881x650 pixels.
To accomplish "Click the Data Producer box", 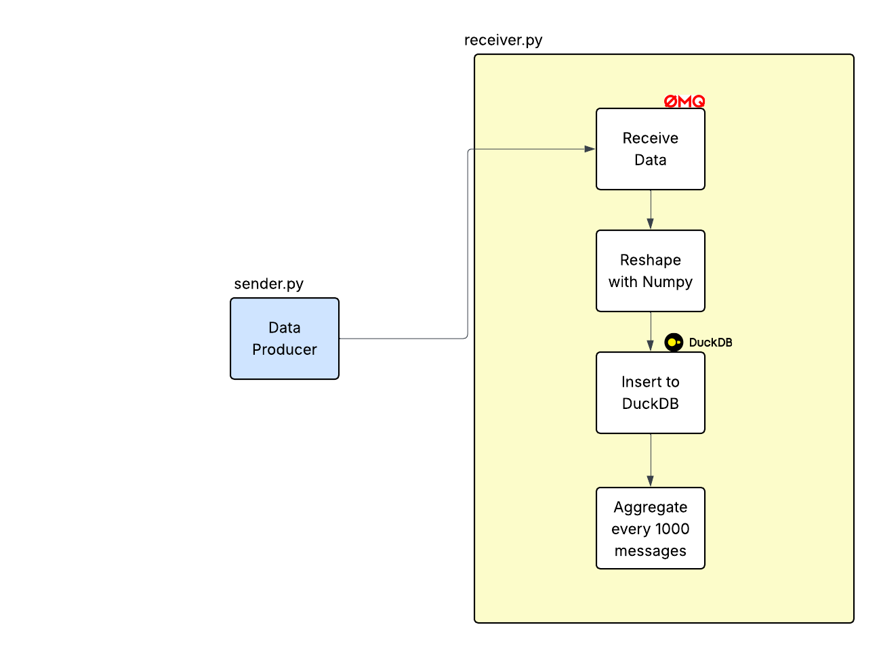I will pyautogui.click(x=285, y=339).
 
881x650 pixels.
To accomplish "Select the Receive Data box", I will pyautogui.click(x=651, y=149).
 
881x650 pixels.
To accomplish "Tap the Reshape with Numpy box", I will pyautogui.click(x=651, y=271).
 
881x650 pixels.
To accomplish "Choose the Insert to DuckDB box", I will pyautogui.click(x=651, y=393).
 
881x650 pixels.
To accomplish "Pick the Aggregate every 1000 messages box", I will pyautogui.click(x=651, y=528).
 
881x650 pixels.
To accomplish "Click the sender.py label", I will pyautogui.click(x=268, y=284).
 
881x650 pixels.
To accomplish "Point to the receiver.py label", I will pyautogui.click(x=503, y=40).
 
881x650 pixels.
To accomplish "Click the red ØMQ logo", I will pyautogui.click(x=684, y=102).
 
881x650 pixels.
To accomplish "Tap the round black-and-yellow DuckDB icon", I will pyautogui.click(x=674, y=343).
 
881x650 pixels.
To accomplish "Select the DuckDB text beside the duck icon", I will pyautogui.click(x=710, y=343).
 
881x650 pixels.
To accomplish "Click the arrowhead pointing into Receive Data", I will pyautogui.click(x=590, y=149).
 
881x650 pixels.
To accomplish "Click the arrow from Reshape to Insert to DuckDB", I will pyautogui.click(x=651, y=332).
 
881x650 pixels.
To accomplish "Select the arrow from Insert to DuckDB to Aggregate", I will pyautogui.click(x=651, y=460).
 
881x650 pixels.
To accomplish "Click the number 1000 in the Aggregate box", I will pyautogui.click(x=672, y=529).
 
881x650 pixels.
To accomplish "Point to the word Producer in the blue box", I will pyautogui.click(x=285, y=349).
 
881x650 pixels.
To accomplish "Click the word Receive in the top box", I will pyautogui.click(x=651, y=138).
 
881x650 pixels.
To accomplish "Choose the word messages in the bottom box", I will pyautogui.click(x=651, y=550).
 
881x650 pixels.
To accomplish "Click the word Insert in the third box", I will pyautogui.click(x=637, y=382).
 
